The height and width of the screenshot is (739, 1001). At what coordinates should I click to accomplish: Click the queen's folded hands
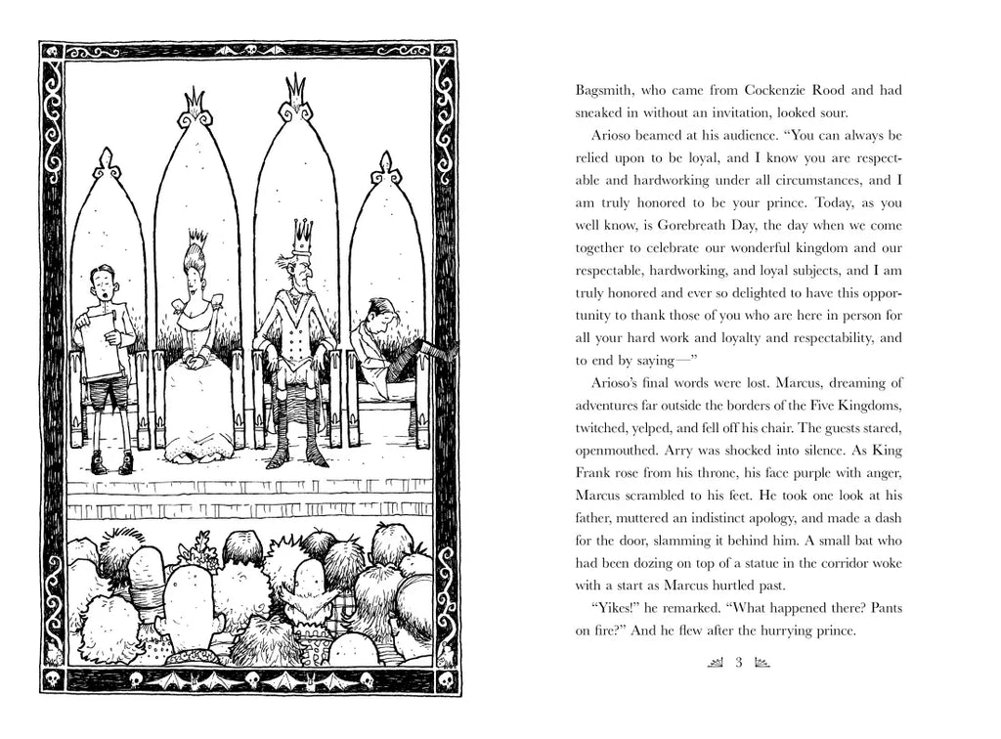(x=194, y=359)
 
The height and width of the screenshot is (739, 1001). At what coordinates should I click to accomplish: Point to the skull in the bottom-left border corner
(x=54, y=676)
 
